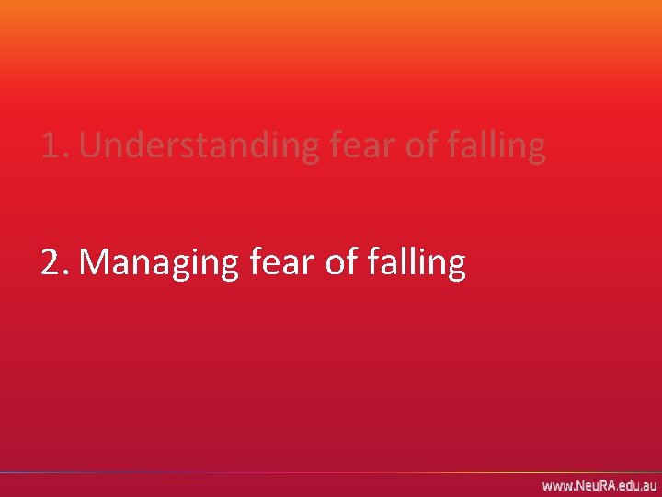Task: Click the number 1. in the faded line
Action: pos(54,145)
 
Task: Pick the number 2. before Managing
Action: pos(54,262)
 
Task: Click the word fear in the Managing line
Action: pos(279,262)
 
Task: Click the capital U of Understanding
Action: pos(91,145)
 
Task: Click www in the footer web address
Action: pos(555,485)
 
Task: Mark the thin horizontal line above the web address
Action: pos(331,472)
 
